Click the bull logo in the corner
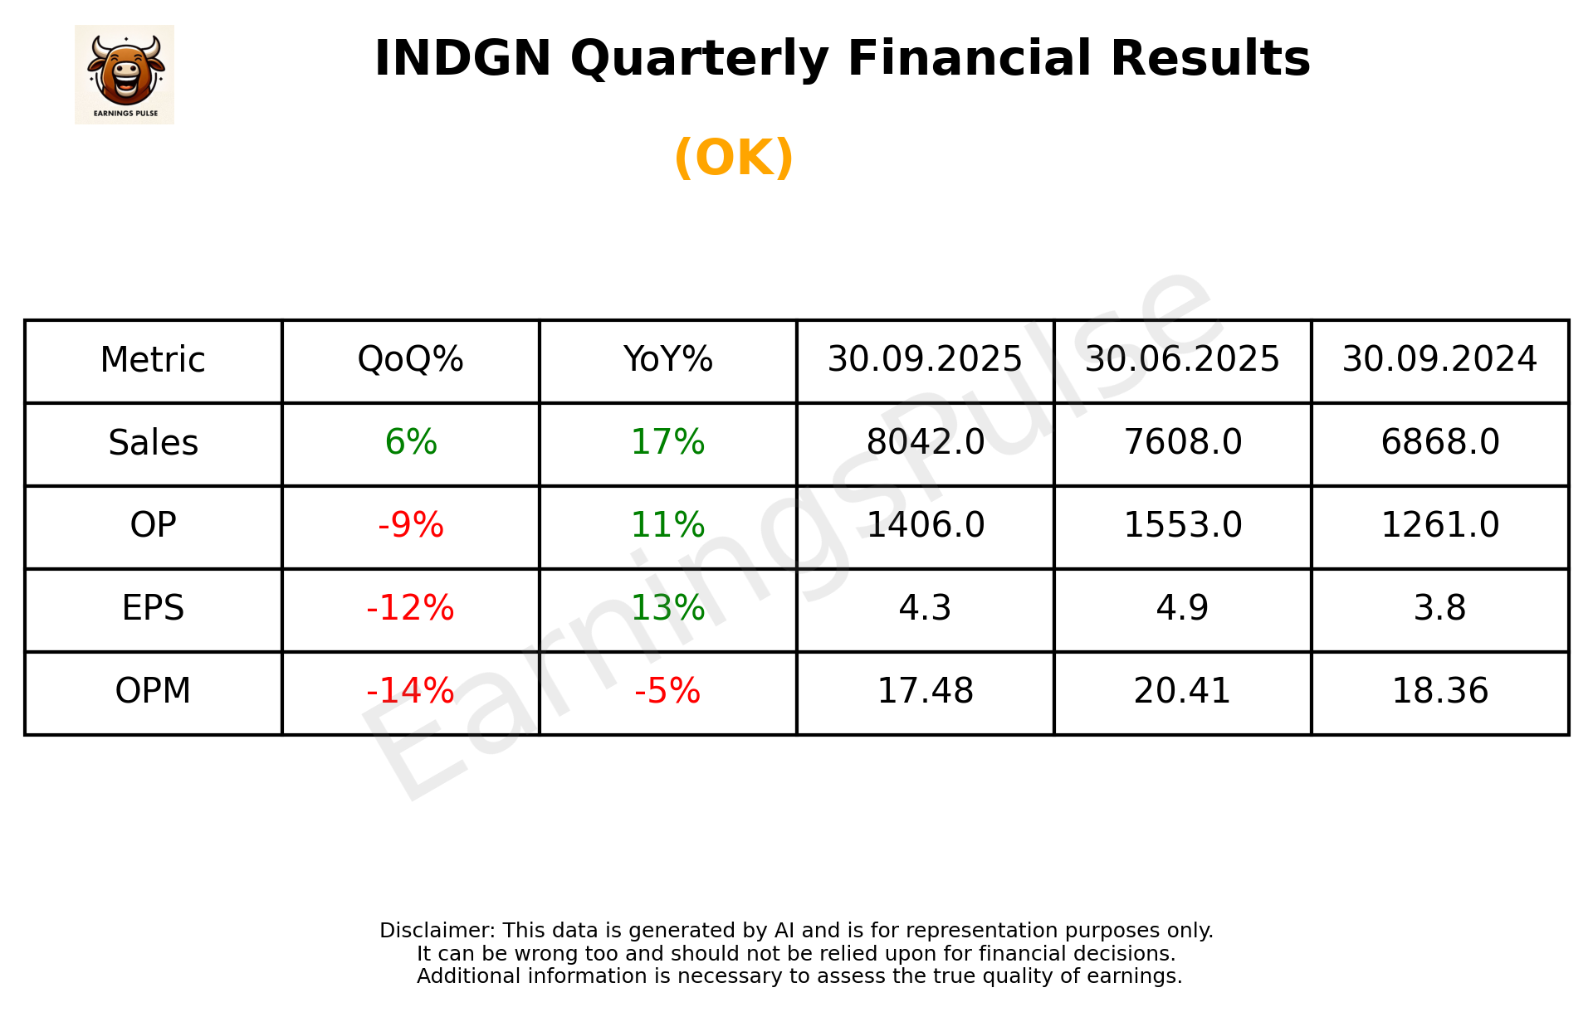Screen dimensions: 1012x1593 point(125,75)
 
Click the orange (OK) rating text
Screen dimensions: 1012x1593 point(734,158)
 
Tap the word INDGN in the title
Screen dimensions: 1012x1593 point(462,59)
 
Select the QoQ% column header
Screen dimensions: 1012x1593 point(410,360)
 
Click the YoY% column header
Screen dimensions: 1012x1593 point(667,360)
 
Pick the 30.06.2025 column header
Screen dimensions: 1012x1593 point(1182,360)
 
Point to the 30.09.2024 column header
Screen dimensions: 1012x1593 point(1439,360)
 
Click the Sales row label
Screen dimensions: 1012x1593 point(154,443)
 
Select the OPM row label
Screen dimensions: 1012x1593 point(154,691)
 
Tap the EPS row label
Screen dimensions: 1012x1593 point(154,608)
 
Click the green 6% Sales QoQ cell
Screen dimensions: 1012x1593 point(410,442)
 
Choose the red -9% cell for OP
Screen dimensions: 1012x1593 point(410,525)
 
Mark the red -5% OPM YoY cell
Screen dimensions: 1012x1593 point(667,691)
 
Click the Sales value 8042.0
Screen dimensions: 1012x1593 point(925,442)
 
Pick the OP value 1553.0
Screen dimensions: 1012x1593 point(1182,525)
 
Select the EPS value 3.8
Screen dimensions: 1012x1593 point(1439,608)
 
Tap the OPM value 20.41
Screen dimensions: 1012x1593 point(1182,691)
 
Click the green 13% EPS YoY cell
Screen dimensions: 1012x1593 point(667,608)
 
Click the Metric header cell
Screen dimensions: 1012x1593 point(154,360)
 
